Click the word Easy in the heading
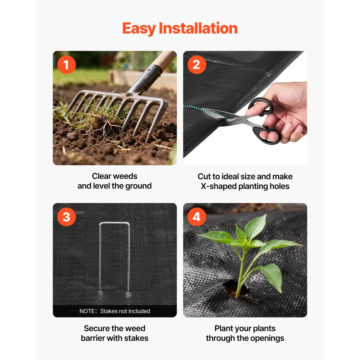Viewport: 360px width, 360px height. tap(139, 28)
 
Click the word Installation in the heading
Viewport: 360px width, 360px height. tap(198, 28)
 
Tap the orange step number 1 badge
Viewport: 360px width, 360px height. tap(66, 65)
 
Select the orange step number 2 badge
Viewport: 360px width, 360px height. tap(197, 65)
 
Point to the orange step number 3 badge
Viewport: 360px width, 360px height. tap(66, 217)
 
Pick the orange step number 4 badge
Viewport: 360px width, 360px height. tap(197, 217)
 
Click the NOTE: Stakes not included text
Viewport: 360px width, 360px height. tap(114, 311)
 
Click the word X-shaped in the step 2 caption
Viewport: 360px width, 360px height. tap(219, 186)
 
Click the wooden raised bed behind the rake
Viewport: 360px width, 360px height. tap(142, 78)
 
